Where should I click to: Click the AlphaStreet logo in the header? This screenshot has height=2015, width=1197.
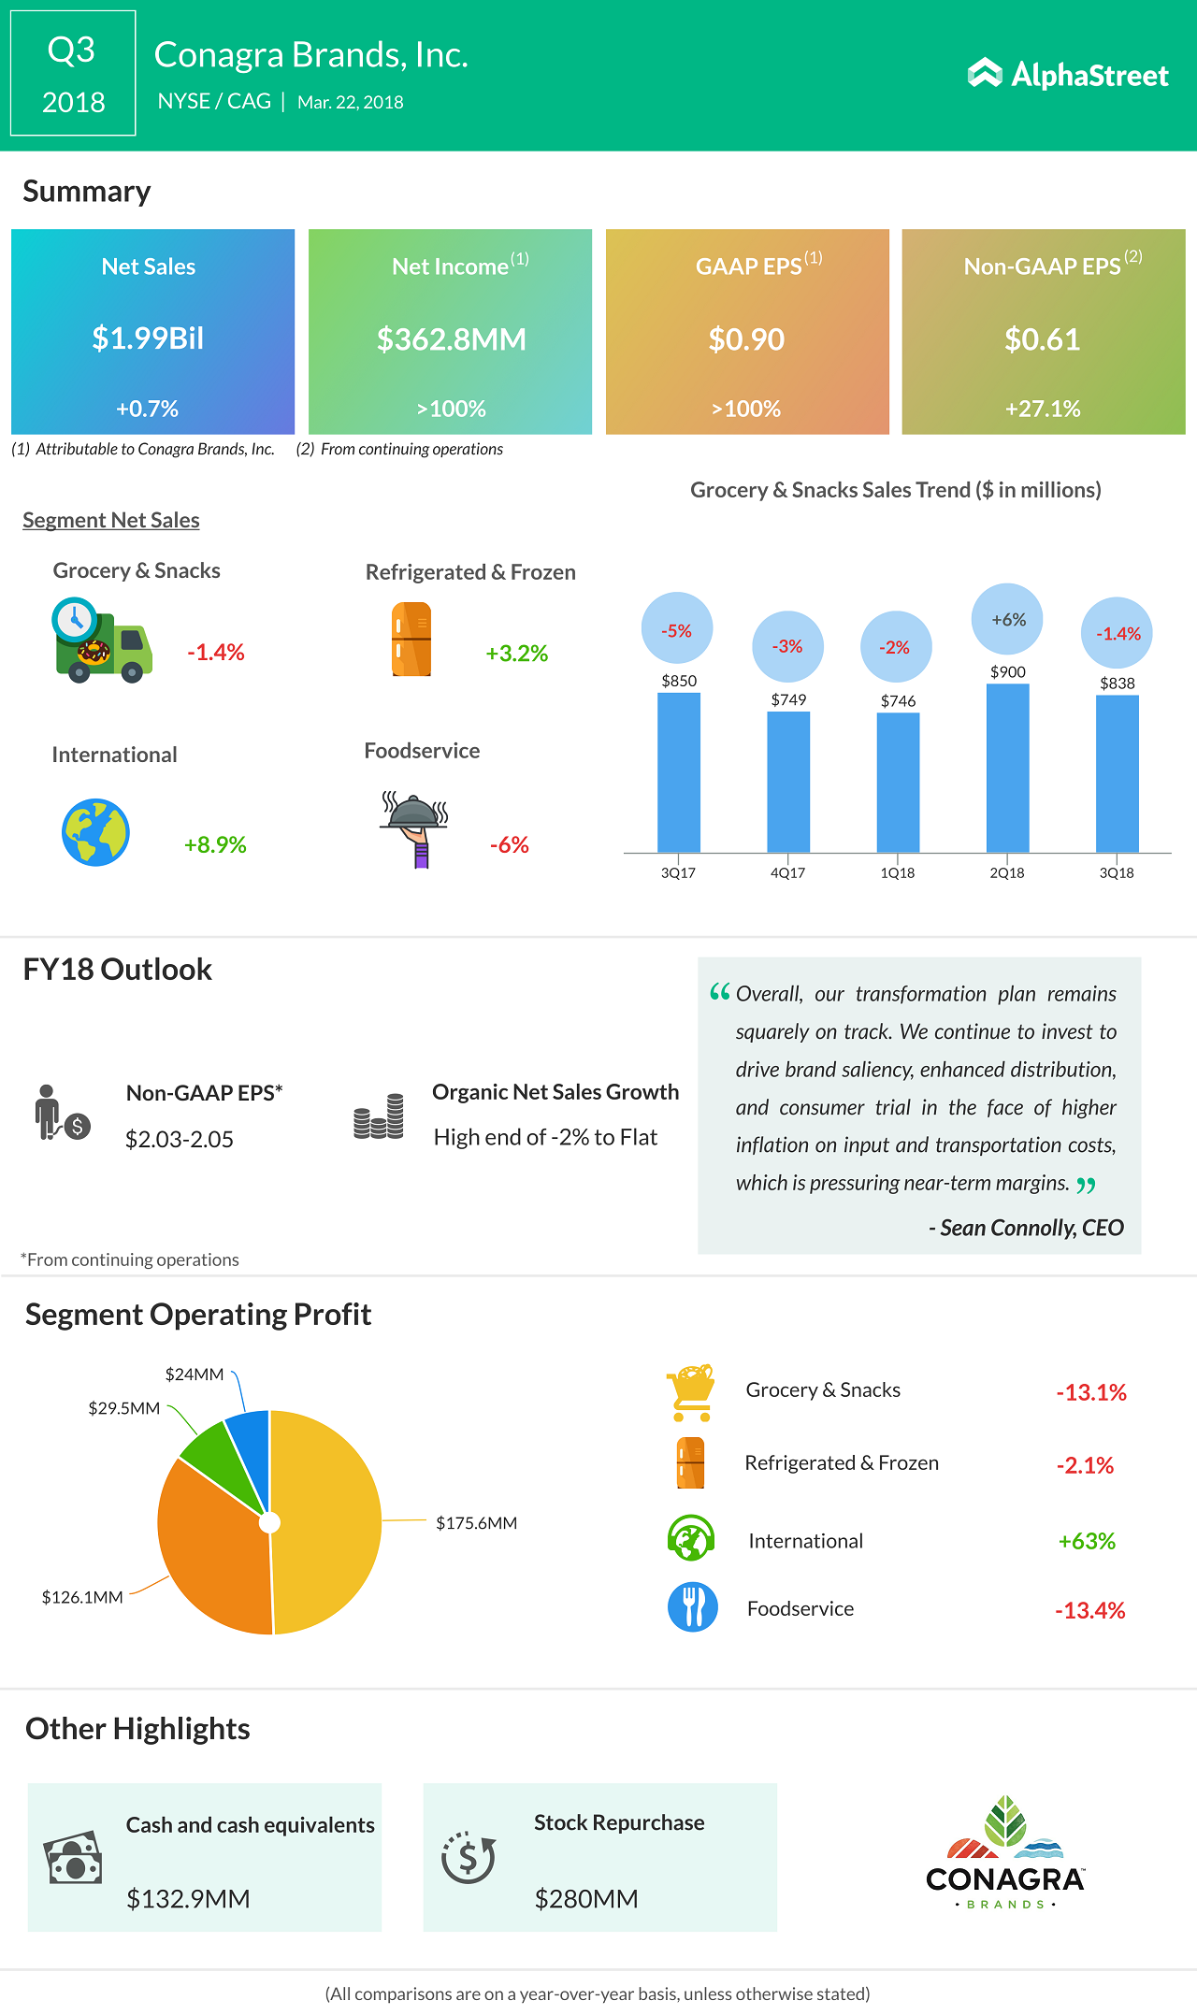click(x=1068, y=75)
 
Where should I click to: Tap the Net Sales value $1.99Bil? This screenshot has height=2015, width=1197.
click(x=148, y=338)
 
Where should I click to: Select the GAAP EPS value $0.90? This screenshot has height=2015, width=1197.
click(x=746, y=339)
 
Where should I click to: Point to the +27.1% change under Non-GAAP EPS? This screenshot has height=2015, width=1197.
click(x=1043, y=409)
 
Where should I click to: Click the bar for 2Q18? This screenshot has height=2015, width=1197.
click(x=1007, y=768)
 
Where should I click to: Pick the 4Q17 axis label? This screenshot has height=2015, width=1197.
click(x=787, y=873)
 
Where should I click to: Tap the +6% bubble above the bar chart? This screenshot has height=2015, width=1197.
click(x=1008, y=620)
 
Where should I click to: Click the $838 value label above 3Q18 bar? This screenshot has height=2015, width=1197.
click(x=1118, y=684)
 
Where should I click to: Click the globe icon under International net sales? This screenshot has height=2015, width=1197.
click(x=95, y=832)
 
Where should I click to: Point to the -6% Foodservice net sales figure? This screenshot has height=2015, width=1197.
click(x=510, y=845)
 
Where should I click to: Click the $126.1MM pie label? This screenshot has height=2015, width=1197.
click(x=82, y=1597)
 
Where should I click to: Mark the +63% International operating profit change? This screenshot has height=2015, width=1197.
click(x=1087, y=1541)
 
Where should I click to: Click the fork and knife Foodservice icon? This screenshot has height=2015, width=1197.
click(x=693, y=1607)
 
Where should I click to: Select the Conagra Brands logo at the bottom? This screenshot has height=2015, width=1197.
click(x=1005, y=1851)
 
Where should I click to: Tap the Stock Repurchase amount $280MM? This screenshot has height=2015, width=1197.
click(x=586, y=1899)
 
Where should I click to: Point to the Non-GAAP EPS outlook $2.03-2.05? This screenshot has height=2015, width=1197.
click(x=180, y=1140)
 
